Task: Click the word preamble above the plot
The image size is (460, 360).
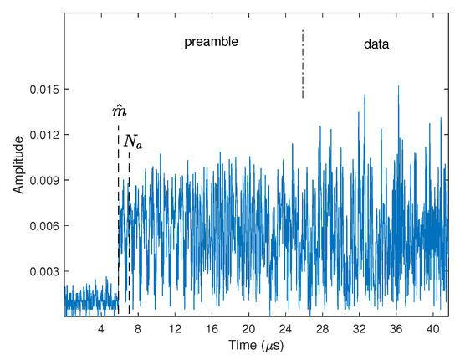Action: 212,41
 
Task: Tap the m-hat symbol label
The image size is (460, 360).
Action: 119,111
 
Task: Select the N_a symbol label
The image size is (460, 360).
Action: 133,141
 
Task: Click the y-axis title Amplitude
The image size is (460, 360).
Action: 18,167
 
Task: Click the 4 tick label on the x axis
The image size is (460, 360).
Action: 101,328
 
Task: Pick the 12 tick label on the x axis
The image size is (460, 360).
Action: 175,328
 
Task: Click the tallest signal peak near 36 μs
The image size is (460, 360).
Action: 398,86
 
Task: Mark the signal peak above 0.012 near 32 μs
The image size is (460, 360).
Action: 365,95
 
